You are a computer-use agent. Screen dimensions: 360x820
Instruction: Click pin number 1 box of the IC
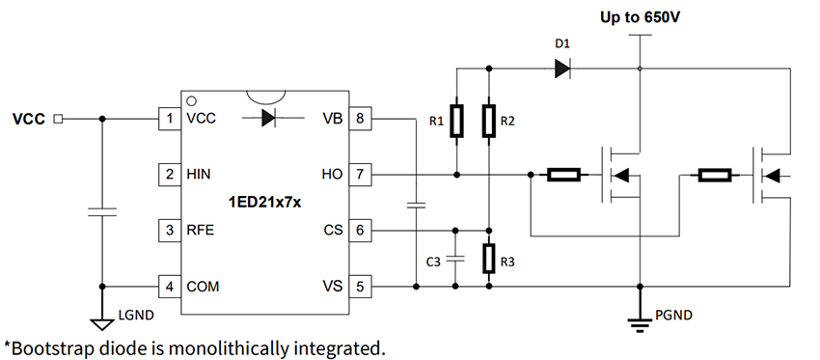170,119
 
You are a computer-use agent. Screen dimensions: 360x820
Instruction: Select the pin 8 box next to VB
360,119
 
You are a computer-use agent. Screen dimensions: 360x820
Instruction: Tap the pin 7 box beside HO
360,175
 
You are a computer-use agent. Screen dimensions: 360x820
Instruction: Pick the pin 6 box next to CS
360,231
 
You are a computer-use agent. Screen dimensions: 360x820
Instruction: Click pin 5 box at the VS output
360,287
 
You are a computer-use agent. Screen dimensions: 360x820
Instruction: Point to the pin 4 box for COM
170,287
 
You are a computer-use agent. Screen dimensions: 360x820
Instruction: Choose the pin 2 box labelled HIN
170,175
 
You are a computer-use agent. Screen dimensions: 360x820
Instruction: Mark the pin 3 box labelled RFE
170,231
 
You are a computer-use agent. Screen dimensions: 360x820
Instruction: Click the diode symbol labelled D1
561,69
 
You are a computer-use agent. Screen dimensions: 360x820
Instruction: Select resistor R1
456,122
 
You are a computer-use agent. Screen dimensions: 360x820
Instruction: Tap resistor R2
489,122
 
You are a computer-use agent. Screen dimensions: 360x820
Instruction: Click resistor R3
489,259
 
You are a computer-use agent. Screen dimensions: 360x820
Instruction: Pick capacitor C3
456,259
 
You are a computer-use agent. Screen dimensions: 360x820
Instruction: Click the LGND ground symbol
101,324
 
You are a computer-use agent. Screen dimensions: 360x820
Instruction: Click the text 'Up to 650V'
639,17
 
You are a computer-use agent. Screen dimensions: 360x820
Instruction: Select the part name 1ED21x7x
264,203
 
